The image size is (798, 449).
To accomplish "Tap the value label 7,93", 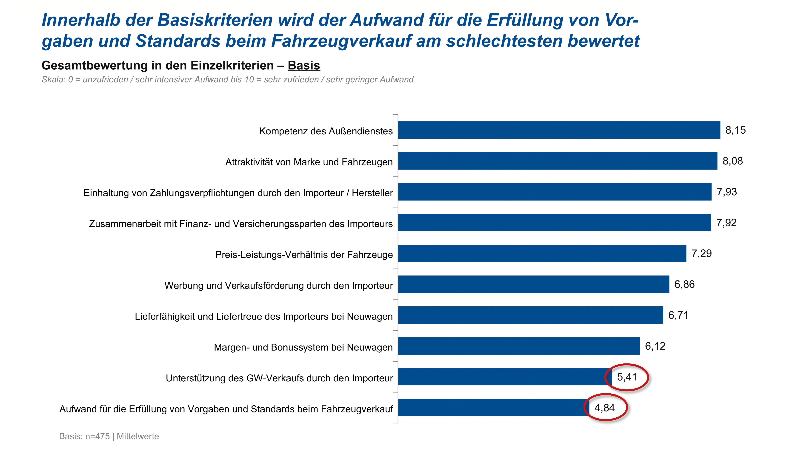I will coord(727,192).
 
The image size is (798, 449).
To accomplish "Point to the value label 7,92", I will coord(726,223).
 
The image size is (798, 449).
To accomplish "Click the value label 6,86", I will coord(684,285).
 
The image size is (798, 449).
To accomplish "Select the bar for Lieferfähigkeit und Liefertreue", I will coord(530,315).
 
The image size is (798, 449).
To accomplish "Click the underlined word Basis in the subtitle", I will coord(304,66).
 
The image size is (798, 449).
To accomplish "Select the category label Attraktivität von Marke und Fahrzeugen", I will coord(309,162).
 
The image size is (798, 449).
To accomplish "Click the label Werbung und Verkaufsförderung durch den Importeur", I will coord(278,286).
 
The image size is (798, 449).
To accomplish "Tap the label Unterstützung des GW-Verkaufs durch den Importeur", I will coord(279,378).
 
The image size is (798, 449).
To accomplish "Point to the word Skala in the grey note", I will coord(53,80).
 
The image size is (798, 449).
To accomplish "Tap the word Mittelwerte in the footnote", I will coord(138,436).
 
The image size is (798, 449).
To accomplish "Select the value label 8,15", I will coord(735,130).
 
